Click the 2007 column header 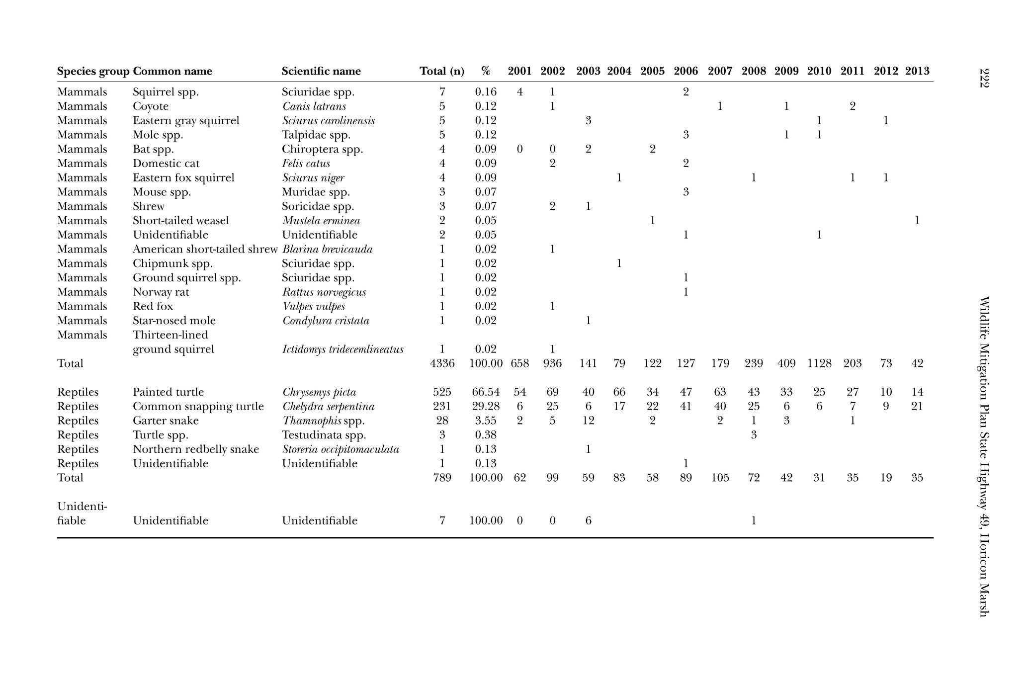[x=720, y=71]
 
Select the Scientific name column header [x=321, y=71]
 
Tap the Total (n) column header [x=442, y=71]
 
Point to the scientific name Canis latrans [x=314, y=106]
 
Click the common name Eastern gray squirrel [x=186, y=121]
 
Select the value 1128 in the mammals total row [x=819, y=363]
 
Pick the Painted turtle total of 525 [x=442, y=392]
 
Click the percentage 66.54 [x=486, y=392]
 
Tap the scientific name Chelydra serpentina [x=328, y=407]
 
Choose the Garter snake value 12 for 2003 [x=588, y=421]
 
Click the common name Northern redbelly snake [x=196, y=449]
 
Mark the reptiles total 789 [x=442, y=478]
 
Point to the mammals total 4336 [x=442, y=363]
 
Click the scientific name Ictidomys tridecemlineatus [x=343, y=349]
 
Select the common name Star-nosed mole [x=174, y=321]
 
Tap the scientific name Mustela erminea [x=321, y=221]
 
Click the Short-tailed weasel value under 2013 [x=917, y=221]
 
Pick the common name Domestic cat [x=166, y=164]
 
